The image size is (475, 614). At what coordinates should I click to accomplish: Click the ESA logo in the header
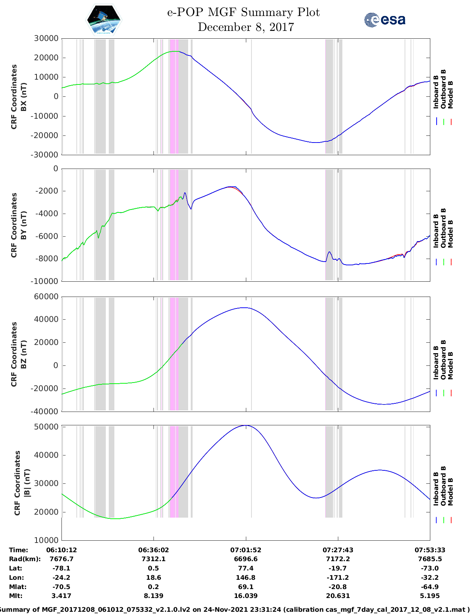384,20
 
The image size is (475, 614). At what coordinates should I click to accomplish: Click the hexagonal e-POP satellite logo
104,20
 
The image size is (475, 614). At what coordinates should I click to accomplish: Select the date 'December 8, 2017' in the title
246,27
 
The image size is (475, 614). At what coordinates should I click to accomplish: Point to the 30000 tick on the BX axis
46,38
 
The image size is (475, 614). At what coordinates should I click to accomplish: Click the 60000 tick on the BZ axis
46,297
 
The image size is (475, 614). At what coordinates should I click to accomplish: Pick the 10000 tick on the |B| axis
46,540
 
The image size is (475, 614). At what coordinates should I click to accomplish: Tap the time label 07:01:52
246,550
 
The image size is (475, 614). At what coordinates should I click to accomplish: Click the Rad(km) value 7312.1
153,559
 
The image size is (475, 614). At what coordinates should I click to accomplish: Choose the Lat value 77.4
246,568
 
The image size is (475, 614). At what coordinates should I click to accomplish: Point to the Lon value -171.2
338,578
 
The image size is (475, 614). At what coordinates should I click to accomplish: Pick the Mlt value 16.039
246,596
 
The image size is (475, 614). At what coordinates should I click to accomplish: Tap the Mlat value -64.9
430,587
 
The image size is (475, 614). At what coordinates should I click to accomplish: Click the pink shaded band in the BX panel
174,96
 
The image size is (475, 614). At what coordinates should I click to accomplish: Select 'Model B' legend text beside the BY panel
450,234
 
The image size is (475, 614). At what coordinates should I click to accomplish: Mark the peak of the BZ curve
244,307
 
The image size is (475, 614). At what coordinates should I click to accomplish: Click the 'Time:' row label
18,550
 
